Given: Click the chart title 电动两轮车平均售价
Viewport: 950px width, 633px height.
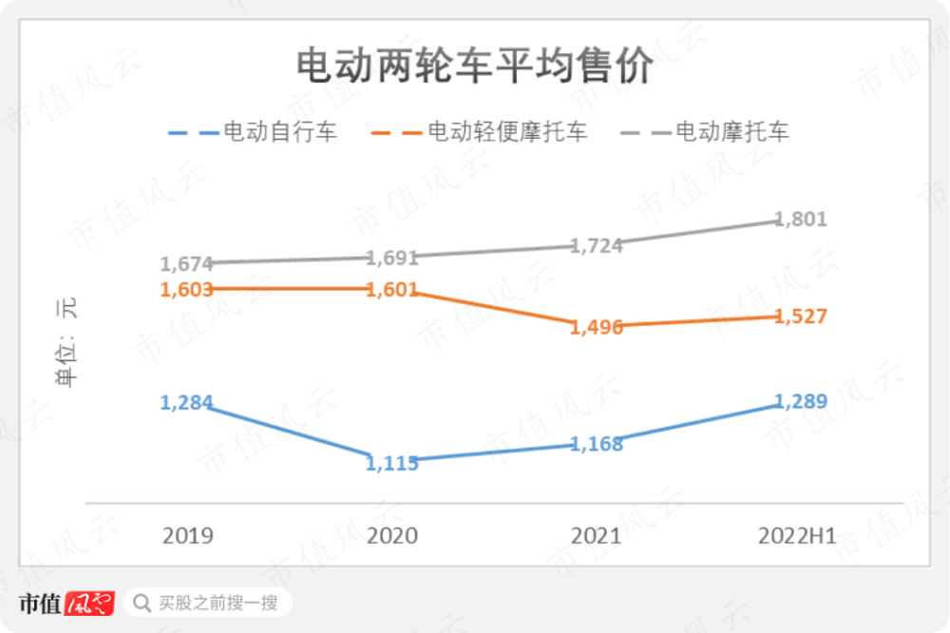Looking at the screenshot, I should [x=474, y=67].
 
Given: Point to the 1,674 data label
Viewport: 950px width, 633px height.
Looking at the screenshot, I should [x=186, y=264].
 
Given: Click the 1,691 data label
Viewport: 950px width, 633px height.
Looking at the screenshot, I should [x=392, y=258].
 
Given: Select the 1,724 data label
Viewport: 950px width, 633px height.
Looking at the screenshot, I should [x=597, y=245].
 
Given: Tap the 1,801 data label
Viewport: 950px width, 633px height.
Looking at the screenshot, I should [x=801, y=220].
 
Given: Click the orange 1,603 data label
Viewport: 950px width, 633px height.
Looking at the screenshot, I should [x=186, y=289].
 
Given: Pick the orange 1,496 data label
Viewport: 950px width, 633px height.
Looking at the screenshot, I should [x=597, y=328].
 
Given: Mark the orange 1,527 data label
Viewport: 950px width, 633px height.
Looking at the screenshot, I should [x=801, y=316].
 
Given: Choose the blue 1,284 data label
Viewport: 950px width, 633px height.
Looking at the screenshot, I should [x=186, y=402].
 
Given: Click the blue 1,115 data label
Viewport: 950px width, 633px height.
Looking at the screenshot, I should [x=392, y=463].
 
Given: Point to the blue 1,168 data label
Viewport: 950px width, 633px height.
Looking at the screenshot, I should [x=597, y=444].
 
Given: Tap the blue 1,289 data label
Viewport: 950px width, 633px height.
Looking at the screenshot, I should [x=801, y=401].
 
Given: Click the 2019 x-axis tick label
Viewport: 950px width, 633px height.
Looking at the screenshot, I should [x=188, y=536].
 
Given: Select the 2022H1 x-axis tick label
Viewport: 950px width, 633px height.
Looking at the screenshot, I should [x=798, y=536].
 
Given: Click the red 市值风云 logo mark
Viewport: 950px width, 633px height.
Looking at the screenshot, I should [x=89, y=604].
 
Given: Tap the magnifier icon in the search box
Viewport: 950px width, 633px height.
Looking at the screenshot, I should [x=142, y=603].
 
